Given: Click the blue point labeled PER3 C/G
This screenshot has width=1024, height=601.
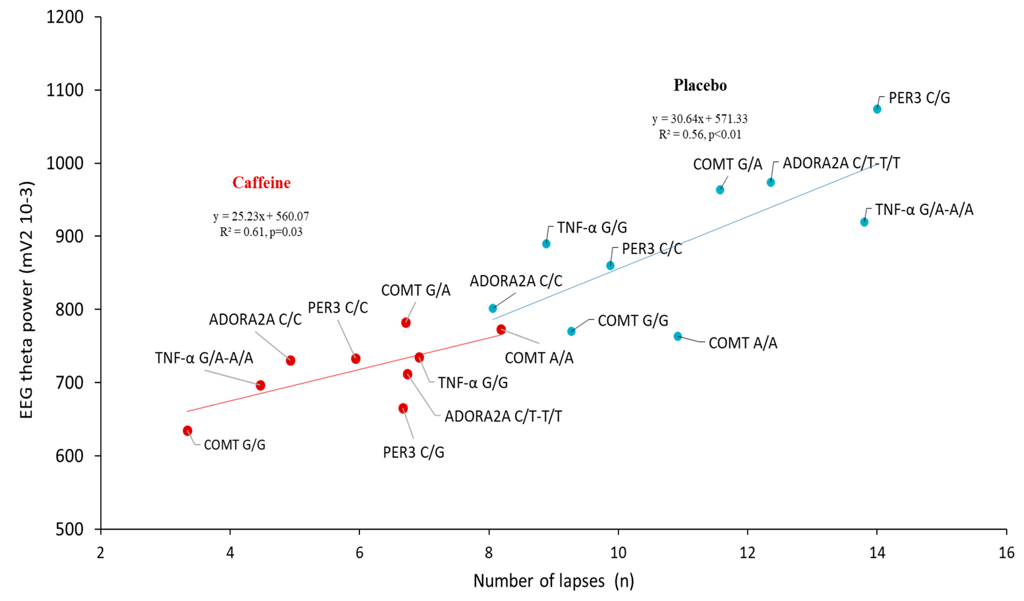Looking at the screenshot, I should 877,109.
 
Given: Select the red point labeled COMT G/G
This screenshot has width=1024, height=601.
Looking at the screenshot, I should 187,430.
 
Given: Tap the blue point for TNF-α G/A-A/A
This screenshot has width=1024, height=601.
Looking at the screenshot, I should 864,222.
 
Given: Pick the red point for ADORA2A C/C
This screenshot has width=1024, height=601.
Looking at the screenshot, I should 290,360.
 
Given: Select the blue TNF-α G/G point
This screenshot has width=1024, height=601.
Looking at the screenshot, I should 546,244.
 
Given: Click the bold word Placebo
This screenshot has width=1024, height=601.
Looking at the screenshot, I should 700,85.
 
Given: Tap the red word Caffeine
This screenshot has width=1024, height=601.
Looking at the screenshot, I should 261,183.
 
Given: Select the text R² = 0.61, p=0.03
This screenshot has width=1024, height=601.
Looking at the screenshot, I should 261,232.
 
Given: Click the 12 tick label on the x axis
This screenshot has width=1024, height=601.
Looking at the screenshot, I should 747,553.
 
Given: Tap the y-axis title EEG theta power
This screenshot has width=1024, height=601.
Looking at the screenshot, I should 27,300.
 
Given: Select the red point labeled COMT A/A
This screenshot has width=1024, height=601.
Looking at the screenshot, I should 501,329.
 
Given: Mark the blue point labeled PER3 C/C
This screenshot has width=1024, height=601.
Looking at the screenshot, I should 610,266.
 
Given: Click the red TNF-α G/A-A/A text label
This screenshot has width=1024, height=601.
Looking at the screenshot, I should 204,358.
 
